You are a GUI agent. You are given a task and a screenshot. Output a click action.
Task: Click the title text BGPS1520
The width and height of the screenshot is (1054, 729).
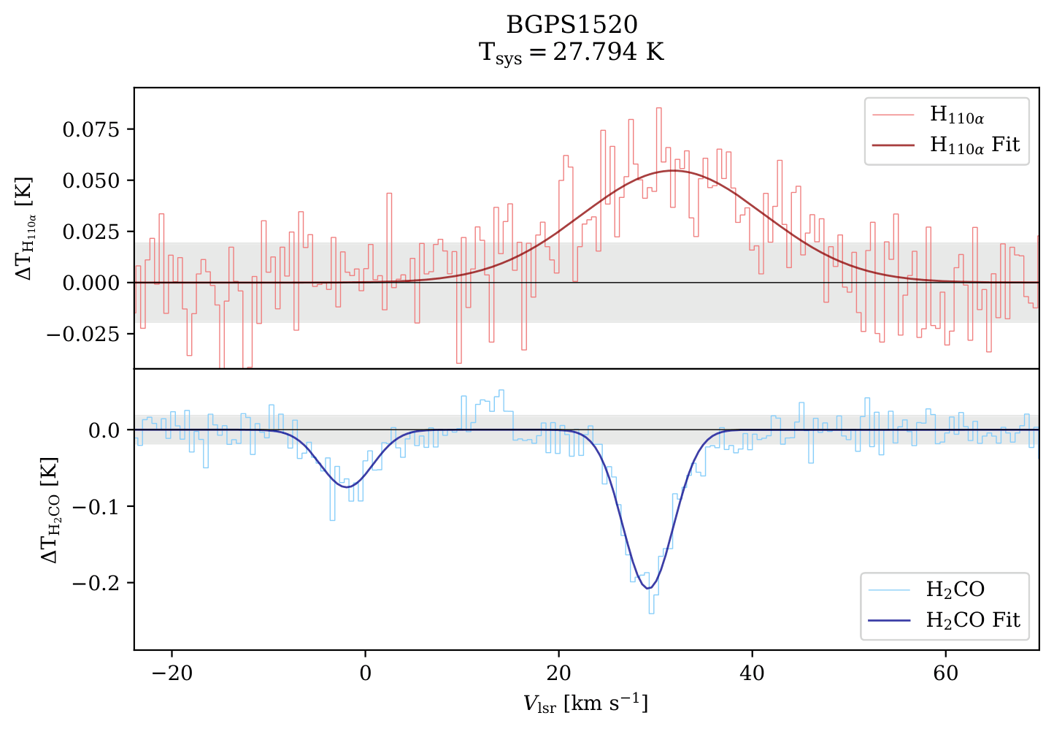pyautogui.click(x=572, y=25)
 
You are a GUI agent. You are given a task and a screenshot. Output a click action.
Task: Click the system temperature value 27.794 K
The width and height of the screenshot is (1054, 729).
pyautogui.click(x=608, y=53)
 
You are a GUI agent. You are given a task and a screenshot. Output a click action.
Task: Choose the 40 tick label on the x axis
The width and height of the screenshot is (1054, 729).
pyautogui.click(x=752, y=672)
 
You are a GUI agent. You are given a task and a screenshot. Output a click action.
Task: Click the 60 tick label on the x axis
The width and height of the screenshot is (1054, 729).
pyautogui.click(x=945, y=672)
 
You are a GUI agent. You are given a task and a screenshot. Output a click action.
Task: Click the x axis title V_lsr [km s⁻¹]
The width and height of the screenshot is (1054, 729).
pyautogui.click(x=585, y=703)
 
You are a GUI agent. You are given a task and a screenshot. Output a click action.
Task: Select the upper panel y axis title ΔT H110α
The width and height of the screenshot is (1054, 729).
pyautogui.click(x=25, y=229)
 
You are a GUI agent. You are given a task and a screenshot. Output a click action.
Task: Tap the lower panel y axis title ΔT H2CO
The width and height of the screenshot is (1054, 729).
pyautogui.click(x=50, y=510)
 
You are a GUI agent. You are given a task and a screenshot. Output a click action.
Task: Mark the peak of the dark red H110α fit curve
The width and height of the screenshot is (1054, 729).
pyautogui.click(x=673, y=171)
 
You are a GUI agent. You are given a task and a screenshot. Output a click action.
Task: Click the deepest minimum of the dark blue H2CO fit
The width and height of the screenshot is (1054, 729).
pyautogui.click(x=647, y=588)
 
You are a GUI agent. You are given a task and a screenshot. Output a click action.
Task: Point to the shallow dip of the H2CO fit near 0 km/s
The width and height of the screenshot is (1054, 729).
pyautogui.click(x=347, y=486)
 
